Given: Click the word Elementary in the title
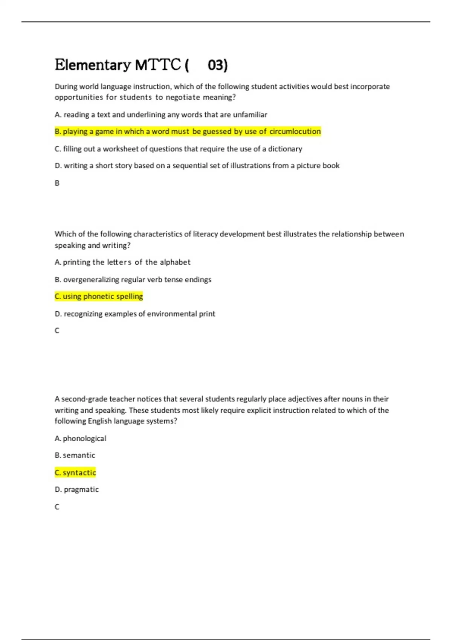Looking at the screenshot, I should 93,65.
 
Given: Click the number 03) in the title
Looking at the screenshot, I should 217,65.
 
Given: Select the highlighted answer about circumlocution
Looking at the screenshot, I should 188,131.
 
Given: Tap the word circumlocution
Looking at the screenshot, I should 295,131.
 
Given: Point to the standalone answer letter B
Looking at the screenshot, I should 57,183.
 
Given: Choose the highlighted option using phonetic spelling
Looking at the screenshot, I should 99,296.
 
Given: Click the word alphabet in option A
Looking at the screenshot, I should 175,262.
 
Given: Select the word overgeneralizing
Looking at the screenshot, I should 91,279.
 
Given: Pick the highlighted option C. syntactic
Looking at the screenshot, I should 75,472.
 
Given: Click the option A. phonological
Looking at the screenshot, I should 80,438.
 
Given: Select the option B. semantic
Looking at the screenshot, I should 75,455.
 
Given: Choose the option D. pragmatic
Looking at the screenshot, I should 77,489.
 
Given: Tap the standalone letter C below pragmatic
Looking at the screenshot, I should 57,507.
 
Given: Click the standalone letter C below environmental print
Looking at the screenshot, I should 57,331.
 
